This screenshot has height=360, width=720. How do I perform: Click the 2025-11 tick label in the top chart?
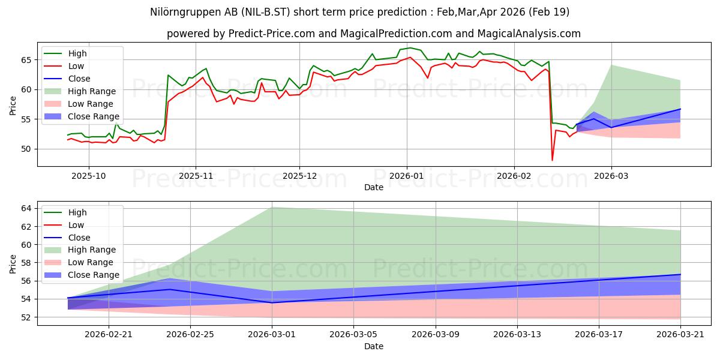point(196,176)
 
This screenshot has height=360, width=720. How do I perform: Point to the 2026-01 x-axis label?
point(407,176)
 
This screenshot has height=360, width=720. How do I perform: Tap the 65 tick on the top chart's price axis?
point(26,60)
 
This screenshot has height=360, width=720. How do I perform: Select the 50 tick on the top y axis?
point(26,149)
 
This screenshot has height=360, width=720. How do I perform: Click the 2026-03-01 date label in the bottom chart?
point(272,334)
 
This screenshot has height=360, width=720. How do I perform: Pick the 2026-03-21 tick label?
point(680,334)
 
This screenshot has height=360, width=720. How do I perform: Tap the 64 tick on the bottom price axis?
point(26,209)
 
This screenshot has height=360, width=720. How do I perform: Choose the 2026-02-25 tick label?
point(190,334)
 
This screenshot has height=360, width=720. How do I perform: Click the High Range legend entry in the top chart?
point(80,91)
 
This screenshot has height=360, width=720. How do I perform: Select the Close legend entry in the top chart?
point(67,79)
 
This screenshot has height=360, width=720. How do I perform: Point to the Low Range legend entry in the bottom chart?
point(79,262)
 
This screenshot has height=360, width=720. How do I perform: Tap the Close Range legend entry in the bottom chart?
point(82,275)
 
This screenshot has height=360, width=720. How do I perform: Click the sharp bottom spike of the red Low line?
point(552,160)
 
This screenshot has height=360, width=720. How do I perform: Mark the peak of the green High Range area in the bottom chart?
point(272,208)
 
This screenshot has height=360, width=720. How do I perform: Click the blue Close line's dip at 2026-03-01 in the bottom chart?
point(272,302)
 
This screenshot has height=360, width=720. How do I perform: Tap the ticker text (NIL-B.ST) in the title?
point(266,12)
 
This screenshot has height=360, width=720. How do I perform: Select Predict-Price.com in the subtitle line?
point(272,34)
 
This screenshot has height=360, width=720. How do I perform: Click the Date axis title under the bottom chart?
point(373,346)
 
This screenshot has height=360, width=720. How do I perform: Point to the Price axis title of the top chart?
point(13,106)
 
